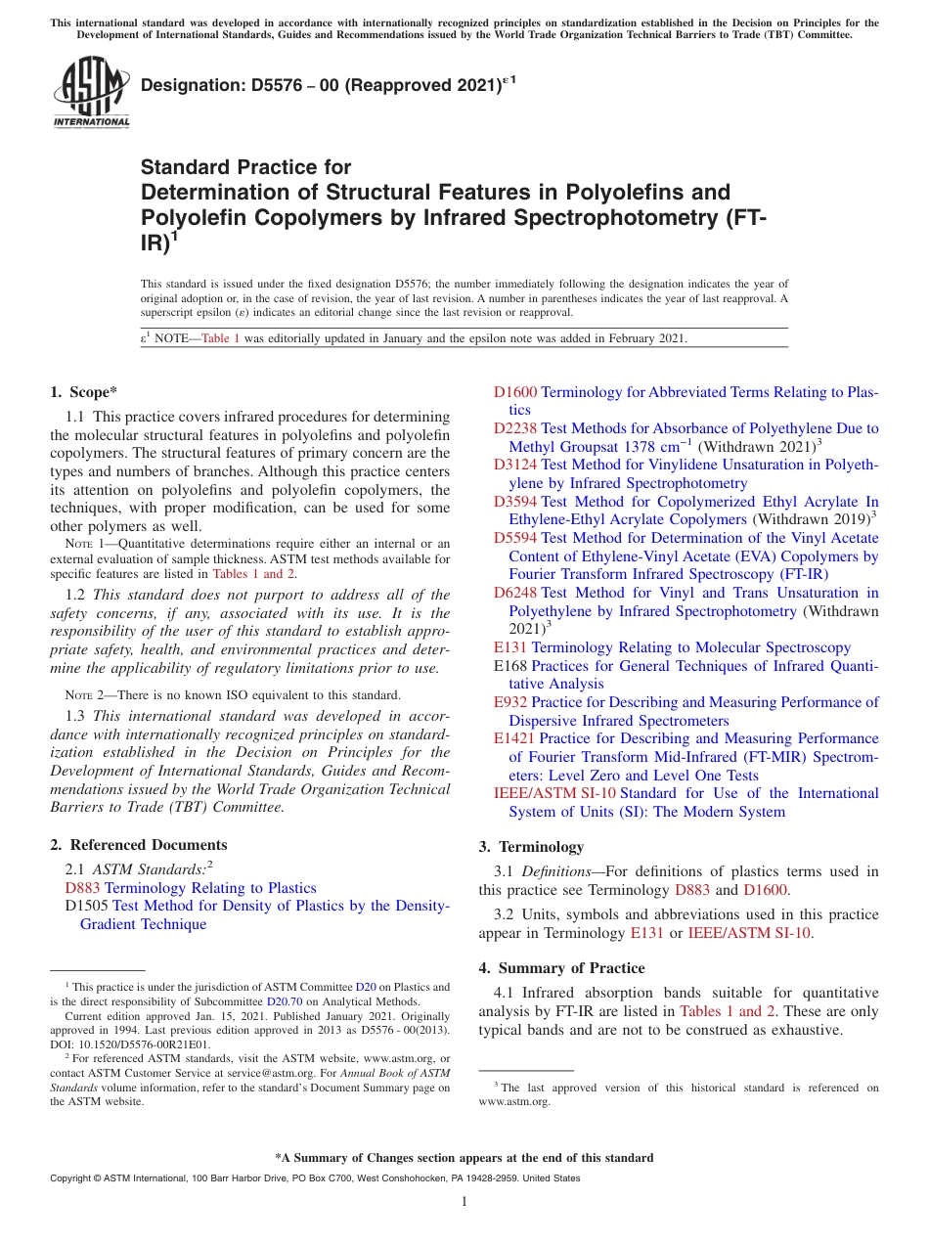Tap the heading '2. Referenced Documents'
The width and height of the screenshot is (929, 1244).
pyautogui.click(x=139, y=845)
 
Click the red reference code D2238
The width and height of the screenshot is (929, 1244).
pyautogui.click(x=514, y=428)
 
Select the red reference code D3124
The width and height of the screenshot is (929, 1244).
pyautogui.click(x=514, y=465)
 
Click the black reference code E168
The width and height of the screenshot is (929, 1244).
pyautogui.click(x=510, y=666)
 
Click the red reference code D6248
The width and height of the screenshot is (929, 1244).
pyautogui.click(x=514, y=593)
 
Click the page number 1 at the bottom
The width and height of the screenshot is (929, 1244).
pyautogui.click(x=464, y=1202)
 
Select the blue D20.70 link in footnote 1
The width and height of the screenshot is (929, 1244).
pyautogui.click(x=282, y=1001)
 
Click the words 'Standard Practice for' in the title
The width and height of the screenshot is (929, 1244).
pyautogui.click(x=245, y=168)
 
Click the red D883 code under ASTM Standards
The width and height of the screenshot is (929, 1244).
pyautogui.click(x=82, y=888)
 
